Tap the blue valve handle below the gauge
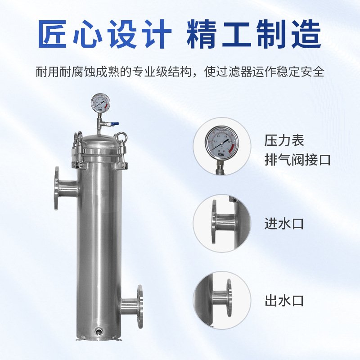[115, 124]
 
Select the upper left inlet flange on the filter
[58, 188]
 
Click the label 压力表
[284, 140]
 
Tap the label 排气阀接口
[297, 159]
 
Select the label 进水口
[284, 223]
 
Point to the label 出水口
[284, 300]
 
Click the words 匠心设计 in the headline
[104, 35]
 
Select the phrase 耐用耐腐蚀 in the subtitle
[63, 72]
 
